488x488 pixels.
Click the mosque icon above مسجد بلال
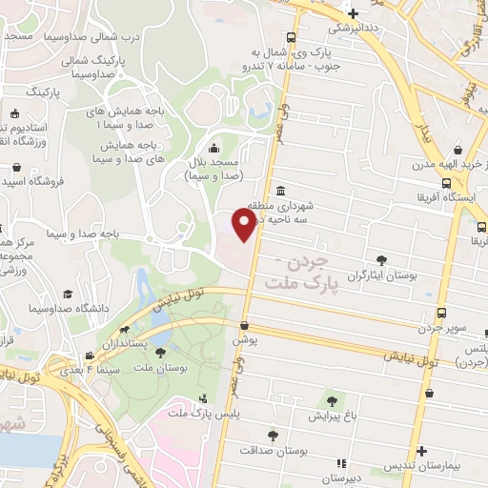click(213, 148)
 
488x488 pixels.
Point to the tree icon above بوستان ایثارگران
click(382, 259)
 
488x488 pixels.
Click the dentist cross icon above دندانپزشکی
click(354, 13)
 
